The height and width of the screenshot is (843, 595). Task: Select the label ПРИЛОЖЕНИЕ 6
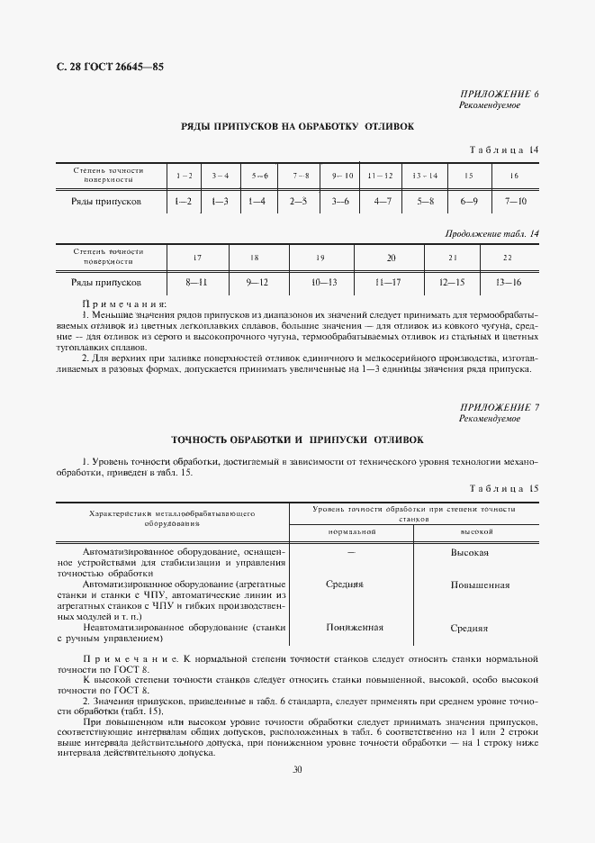(x=500, y=95)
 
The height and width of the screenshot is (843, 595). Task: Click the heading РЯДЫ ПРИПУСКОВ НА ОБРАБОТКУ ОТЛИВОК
(x=298, y=127)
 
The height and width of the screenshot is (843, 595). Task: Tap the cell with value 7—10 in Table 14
(x=515, y=202)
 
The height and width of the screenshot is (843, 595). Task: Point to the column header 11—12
(x=381, y=175)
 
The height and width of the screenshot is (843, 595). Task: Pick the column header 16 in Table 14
(x=514, y=175)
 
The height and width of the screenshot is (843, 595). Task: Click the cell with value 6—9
(x=468, y=202)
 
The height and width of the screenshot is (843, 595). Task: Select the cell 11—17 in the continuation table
(x=392, y=283)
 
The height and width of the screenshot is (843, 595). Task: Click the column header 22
(x=508, y=258)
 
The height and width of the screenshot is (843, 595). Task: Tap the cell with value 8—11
(x=196, y=283)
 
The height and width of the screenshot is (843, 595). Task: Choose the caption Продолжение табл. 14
(x=492, y=234)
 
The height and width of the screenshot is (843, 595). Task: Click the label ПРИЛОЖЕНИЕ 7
(x=500, y=408)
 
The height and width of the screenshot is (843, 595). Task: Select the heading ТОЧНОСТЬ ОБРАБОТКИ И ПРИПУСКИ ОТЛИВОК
(x=297, y=440)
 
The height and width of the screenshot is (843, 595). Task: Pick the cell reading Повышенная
(x=481, y=585)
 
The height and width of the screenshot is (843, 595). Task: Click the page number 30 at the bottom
(x=297, y=769)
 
